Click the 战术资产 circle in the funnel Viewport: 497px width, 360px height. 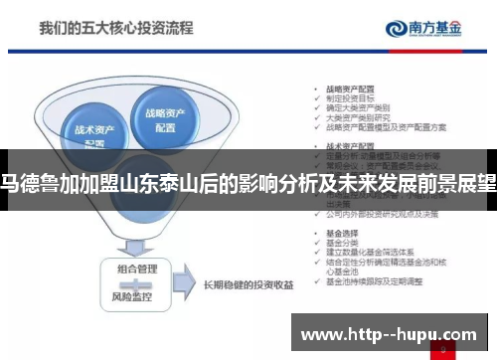point(92,132)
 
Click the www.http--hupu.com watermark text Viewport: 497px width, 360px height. point(389,331)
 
